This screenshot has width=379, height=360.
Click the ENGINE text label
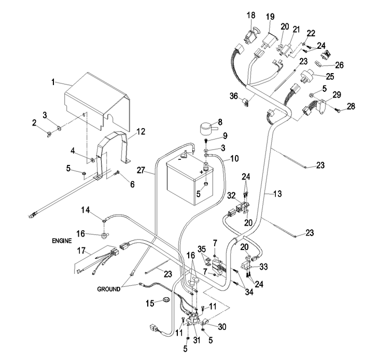click(x=62, y=241)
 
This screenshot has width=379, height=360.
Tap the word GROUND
click(x=108, y=289)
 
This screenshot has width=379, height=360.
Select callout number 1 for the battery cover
click(x=53, y=82)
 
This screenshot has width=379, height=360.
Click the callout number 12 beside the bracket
click(x=141, y=132)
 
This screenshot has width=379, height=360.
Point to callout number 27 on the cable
click(x=141, y=170)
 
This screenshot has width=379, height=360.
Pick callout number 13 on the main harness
click(x=277, y=193)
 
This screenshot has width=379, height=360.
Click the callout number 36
click(x=234, y=96)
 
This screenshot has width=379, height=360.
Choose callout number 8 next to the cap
click(x=220, y=122)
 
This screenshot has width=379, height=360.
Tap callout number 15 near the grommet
click(x=150, y=303)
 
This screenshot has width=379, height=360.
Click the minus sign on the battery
click(x=180, y=159)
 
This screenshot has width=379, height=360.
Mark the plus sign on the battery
click(x=201, y=172)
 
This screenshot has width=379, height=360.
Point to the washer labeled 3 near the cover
click(x=59, y=128)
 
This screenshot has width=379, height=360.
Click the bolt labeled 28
click(x=338, y=110)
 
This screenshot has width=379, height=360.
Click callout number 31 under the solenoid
click(x=196, y=340)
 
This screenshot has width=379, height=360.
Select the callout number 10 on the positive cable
click(x=234, y=159)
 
